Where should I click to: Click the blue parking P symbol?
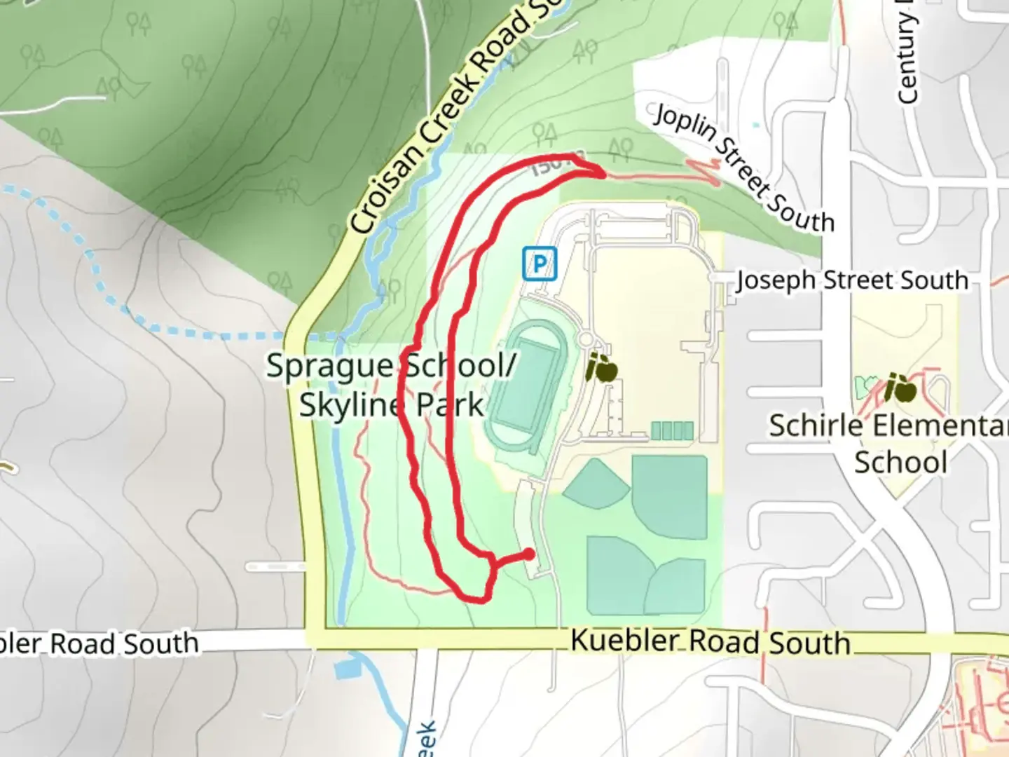tap(539, 264)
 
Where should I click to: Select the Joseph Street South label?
tap(852, 280)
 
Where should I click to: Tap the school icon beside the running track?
tap(602, 368)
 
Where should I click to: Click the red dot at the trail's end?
tap(529, 554)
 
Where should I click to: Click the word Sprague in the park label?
tap(329, 366)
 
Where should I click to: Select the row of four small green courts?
tap(672, 430)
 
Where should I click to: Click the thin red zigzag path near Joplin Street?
tap(708, 172)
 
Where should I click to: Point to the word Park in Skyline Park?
tap(450, 406)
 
